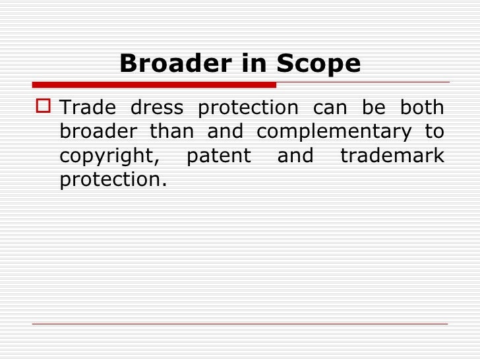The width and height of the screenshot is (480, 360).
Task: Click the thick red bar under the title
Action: (x=154, y=84)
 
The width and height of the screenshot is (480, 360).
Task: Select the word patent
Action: (x=219, y=156)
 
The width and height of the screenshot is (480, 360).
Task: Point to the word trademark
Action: (x=392, y=156)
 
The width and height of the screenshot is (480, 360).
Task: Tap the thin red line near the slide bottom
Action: (x=240, y=324)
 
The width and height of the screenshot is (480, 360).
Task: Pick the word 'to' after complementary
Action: (x=434, y=132)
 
